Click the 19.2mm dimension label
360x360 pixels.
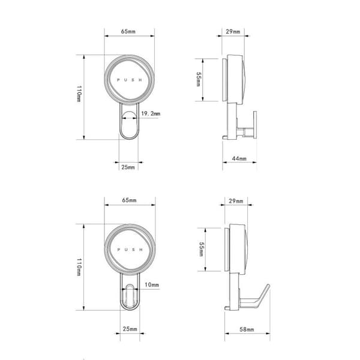tap(151, 113)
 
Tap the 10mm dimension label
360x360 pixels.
tap(152, 285)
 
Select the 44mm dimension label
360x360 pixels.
tap(239, 158)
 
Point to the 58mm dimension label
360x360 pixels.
tap(247, 329)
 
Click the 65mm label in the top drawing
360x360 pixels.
tap(128, 31)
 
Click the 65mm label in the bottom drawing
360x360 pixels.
tap(129, 200)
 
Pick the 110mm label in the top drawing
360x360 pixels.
tap(79, 94)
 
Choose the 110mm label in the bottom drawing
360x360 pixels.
tap(79, 267)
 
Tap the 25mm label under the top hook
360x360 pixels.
tap(128, 167)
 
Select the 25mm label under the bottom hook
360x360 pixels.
tap(130, 329)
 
